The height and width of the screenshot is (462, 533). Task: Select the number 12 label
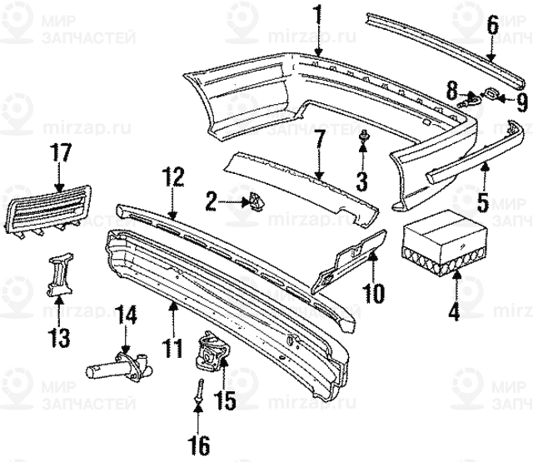172,177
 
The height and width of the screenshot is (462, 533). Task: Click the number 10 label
373,292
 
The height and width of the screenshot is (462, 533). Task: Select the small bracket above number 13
58,276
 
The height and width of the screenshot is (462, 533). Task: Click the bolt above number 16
199,387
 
